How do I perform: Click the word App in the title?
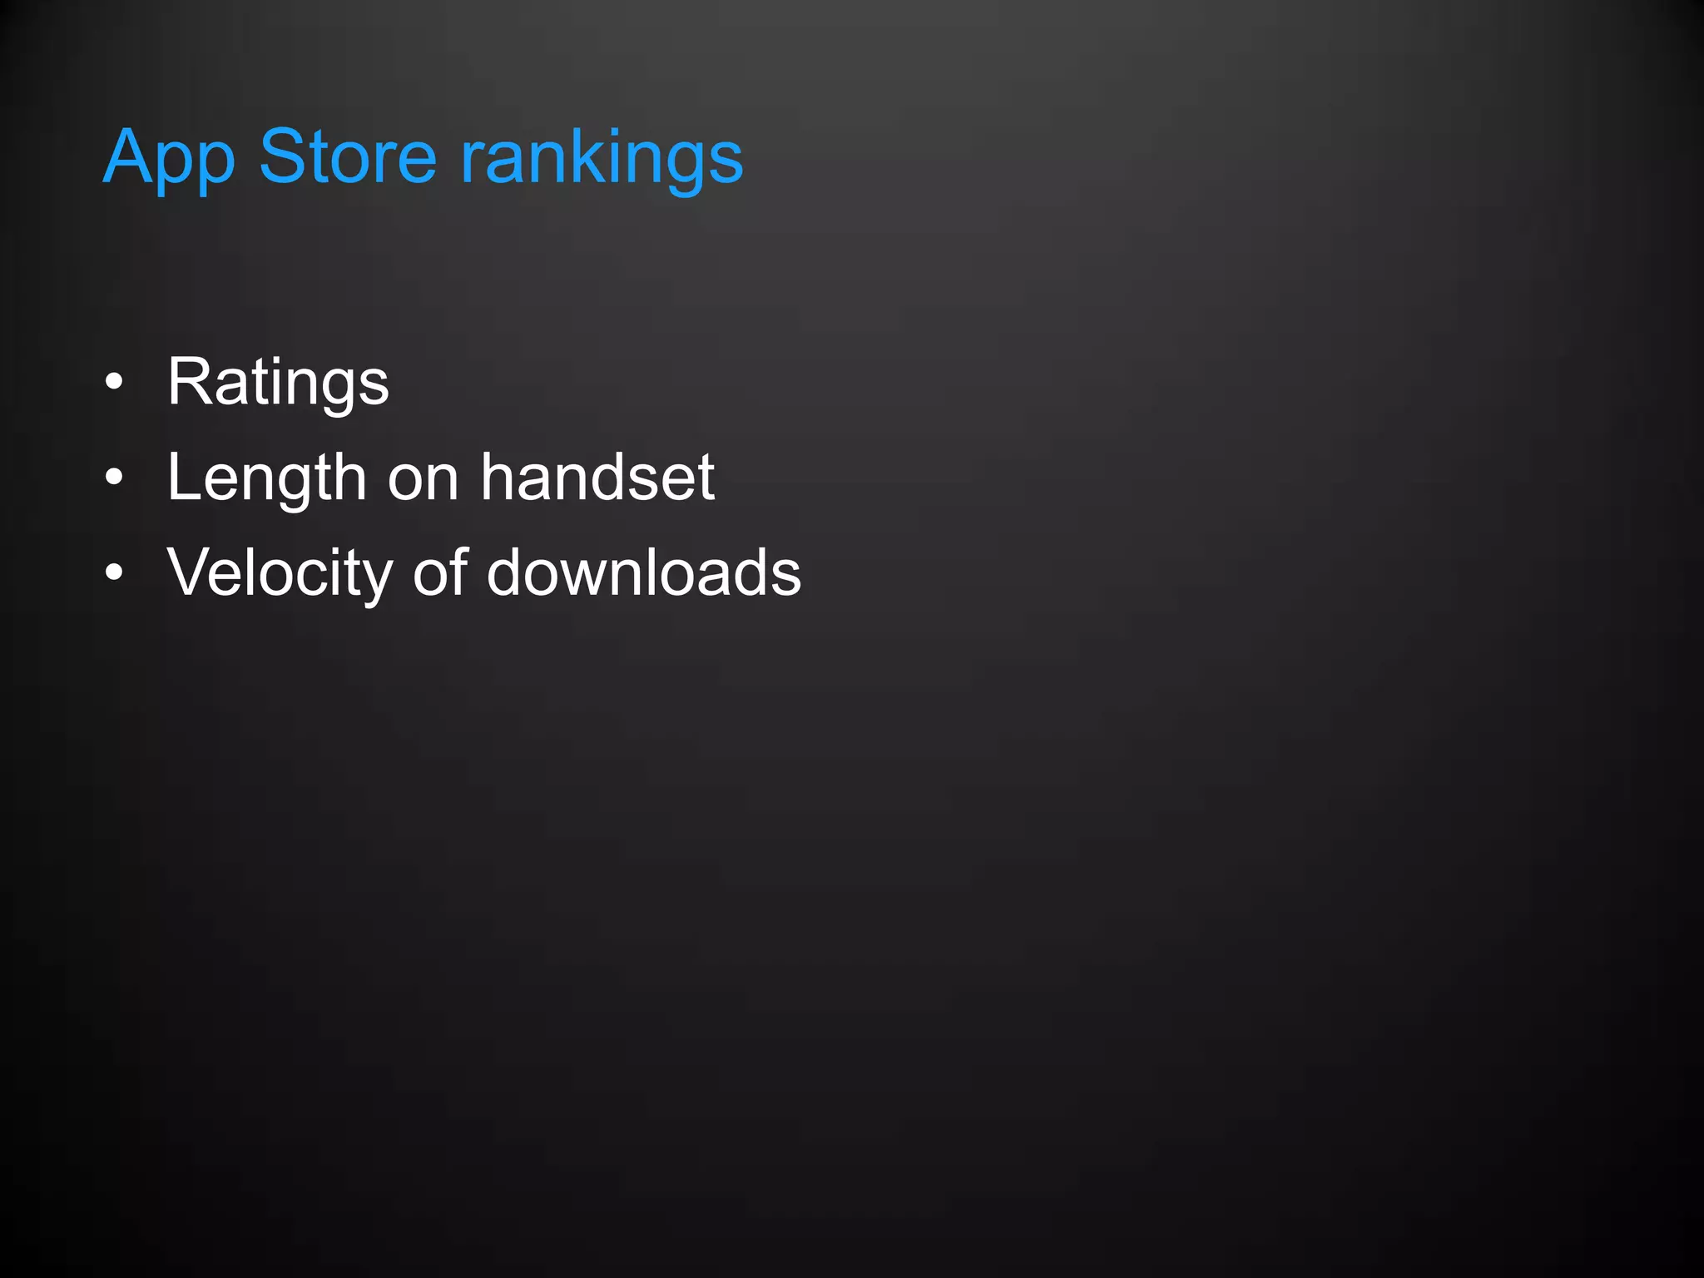point(169,158)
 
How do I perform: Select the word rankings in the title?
point(602,158)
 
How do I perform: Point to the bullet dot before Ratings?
point(114,383)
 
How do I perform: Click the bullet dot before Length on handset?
point(114,478)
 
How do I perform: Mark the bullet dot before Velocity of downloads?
point(114,573)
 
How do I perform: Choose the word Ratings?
point(278,383)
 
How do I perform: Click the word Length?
point(266,478)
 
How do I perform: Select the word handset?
point(597,478)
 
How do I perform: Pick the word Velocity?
point(280,573)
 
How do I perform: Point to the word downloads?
point(643,573)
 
